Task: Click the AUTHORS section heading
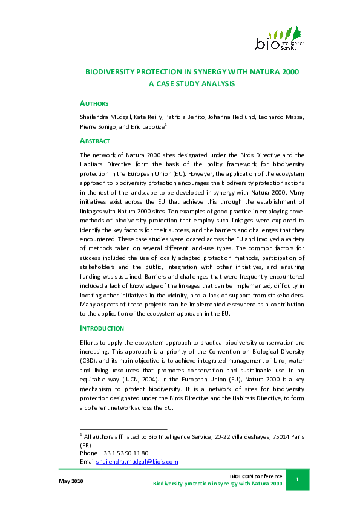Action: pyautogui.click(x=94, y=103)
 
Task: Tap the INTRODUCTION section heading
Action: pyautogui.click(x=102, y=328)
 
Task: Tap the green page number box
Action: pyautogui.click(x=297, y=479)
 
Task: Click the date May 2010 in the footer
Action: pyautogui.click(x=71, y=481)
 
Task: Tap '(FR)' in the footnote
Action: pyautogui.click(x=86, y=444)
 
